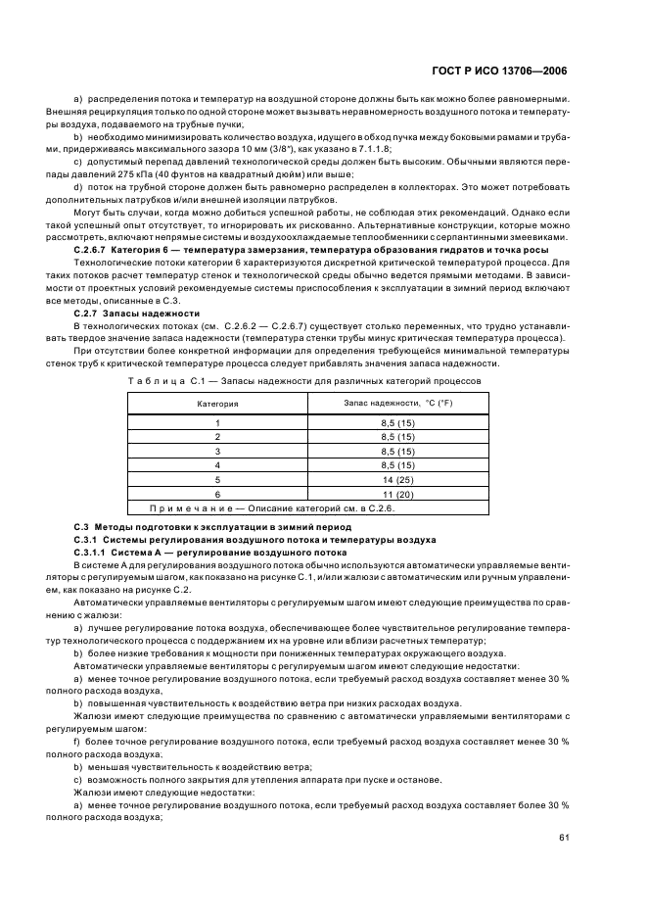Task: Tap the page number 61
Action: coord(562,837)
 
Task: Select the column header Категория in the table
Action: coord(217,403)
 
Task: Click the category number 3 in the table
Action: coord(217,452)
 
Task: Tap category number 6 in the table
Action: coord(217,496)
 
